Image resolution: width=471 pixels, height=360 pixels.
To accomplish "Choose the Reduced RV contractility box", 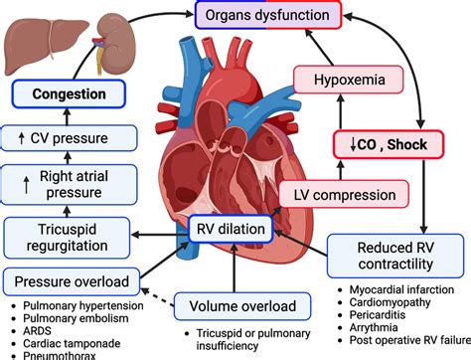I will [x=394, y=256].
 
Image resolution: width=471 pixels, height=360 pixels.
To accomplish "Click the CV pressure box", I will [x=66, y=136].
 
